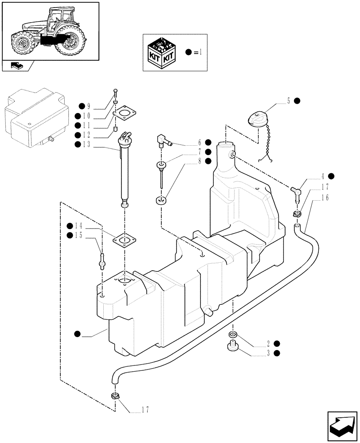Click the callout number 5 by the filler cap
[289, 101]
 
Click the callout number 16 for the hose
[326, 198]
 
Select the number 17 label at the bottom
[145, 410]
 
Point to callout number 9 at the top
[89, 106]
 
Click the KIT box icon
[163, 52]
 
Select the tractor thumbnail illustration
[50, 31]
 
